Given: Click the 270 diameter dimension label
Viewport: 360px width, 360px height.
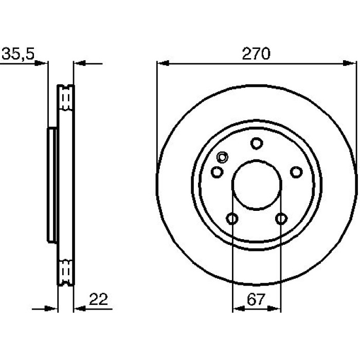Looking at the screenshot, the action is click(x=256, y=53).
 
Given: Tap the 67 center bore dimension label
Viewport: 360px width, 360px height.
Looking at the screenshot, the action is click(x=256, y=299).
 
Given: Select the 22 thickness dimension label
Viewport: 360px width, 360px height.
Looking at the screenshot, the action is click(x=98, y=299).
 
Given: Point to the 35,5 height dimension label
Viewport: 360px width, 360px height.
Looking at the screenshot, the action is click(x=18, y=53).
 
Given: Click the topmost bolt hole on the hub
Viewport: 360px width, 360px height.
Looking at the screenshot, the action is click(x=257, y=143).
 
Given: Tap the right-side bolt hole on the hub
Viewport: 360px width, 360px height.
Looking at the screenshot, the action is click(x=296, y=172).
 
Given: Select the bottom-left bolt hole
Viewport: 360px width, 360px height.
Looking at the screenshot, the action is click(x=232, y=219).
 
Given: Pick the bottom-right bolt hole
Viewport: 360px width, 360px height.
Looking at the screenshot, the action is click(x=281, y=219).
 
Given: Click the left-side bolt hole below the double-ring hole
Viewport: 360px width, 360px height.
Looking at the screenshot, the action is click(x=217, y=172).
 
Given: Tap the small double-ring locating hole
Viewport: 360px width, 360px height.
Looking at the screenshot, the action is click(x=222, y=157).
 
